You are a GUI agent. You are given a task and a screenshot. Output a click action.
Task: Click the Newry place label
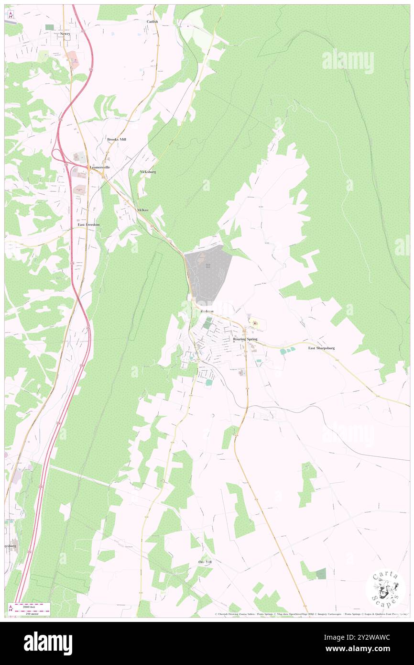coord(65,34)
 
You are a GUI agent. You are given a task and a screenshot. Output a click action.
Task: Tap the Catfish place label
coord(153,22)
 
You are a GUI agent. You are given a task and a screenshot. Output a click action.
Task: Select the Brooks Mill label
coord(117,139)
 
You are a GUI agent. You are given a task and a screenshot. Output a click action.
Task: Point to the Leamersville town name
coord(100,167)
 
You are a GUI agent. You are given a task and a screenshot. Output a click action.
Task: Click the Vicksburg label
coord(148,171)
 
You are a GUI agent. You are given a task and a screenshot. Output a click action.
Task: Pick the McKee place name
coord(143,210)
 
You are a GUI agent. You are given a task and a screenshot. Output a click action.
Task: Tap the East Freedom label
coord(89,224)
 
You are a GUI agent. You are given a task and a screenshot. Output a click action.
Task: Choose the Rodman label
coord(207,311)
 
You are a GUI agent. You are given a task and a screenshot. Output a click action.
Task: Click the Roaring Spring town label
coord(245,339)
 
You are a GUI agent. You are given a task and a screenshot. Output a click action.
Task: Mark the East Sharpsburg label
coord(321,348)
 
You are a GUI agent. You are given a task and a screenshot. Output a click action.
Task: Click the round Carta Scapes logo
coord(385,588)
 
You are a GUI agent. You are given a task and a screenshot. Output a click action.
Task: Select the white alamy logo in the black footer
coord(48,643)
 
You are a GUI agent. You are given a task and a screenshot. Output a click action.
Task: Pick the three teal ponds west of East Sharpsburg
coord(287,352)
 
